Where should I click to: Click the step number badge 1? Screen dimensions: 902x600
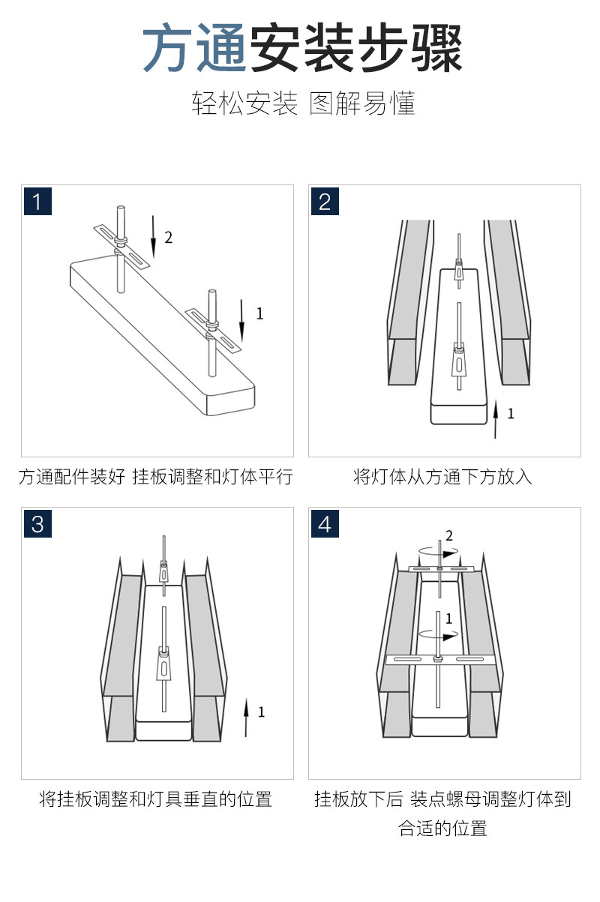(x=37, y=202)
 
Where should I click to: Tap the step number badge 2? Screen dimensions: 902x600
(x=325, y=202)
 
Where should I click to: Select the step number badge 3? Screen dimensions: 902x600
(x=37, y=523)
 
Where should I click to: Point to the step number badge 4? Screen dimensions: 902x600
(x=325, y=523)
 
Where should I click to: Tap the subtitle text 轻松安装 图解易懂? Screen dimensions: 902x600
(x=303, y=104)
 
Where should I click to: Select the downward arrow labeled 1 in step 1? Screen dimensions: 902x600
(x=242, y=319)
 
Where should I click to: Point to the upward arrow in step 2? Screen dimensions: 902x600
(x=495, y=418)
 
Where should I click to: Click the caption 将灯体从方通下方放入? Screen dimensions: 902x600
(x=443, y=477)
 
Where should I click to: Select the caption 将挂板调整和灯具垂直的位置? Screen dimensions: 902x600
(x=155, y=799)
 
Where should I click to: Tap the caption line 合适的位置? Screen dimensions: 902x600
(x=443, y=829)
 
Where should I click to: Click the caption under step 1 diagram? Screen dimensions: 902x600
(x=155, y=477)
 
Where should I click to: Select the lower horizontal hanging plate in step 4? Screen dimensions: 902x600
(x=440, y=660)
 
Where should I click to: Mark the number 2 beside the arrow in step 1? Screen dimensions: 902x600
(x=169, y=238)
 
